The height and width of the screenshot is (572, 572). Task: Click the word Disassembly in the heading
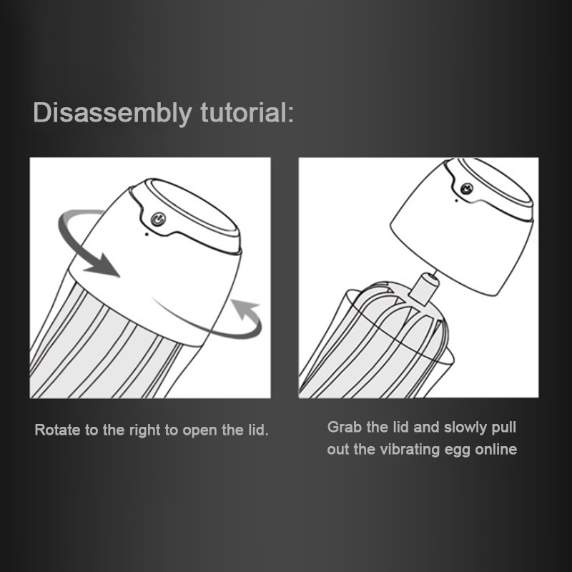click(112, 114)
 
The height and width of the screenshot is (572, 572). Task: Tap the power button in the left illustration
click(158, 220)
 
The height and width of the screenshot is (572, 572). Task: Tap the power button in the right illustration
click(467, 189)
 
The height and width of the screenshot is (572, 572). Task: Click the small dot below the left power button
click(147, 235)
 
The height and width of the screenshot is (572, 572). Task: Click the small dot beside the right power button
click(456, 200)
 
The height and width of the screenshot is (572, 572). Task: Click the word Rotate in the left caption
click(58, 430)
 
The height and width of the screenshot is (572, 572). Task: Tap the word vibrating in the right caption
click(410, 450)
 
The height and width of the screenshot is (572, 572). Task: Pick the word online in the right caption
click(496, 450)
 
